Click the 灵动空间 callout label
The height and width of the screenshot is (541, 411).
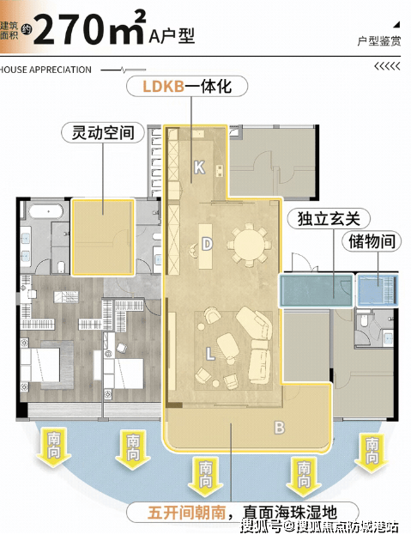click(x=103, y=132)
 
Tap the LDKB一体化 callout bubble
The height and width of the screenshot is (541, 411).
click(x=187, y=86)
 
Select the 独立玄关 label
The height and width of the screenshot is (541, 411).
click(x=329, y=219)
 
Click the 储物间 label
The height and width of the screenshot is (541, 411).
click(x=372, y=241)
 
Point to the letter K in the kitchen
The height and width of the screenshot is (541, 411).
click(x=199, y=167)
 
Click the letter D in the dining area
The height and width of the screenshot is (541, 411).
click(x=207, y=244)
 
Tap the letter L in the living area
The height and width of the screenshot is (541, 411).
click(x=210, y=354)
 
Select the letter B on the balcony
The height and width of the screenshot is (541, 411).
click(x=279, y=428)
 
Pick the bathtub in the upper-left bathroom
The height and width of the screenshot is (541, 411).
click(x=45, y=211)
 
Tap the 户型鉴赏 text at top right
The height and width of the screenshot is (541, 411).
click(x=378, y=41)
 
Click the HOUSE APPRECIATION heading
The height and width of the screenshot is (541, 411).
click(x=45, y=70)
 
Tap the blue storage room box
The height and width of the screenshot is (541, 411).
click(x=377, y=290)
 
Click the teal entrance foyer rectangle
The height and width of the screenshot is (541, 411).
click(x=316, y=290)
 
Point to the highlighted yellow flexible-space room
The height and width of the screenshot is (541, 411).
click(x=103, y=237)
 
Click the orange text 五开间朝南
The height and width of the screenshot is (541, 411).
click(x=186, y=513)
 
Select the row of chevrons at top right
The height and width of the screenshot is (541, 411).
click(x=387, y=66)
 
